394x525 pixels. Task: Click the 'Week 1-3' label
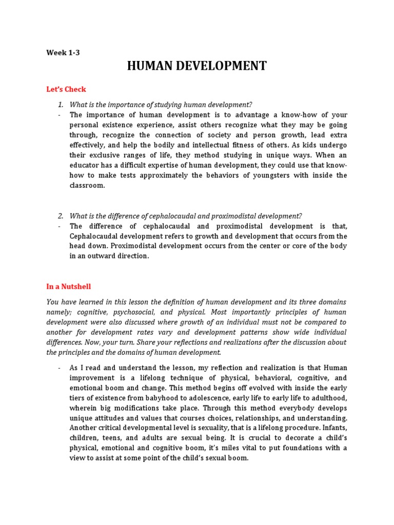63,52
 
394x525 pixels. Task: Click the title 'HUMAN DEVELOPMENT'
196,66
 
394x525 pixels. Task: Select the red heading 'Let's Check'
66,89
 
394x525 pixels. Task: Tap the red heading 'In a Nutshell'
68,287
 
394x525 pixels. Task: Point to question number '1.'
61,105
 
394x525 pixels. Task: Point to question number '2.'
61,215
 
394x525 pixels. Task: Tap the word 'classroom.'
87,186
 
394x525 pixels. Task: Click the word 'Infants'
333,428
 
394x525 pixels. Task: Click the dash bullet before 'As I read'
60,368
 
